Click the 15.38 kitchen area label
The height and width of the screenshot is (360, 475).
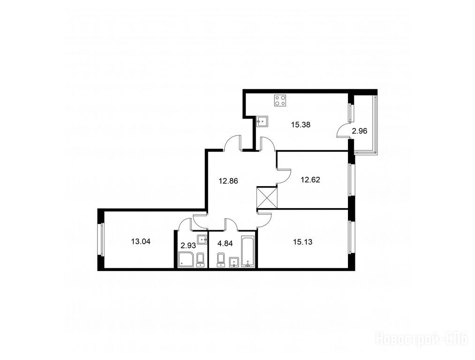(301, 124)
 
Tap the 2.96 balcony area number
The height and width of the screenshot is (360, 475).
(359, 131)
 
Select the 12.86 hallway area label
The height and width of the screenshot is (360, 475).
(228, 181)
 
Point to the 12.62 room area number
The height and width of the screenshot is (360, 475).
(310, 180)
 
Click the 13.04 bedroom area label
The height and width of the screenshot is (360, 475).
(141, 241)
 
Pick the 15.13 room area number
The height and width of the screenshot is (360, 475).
(302, 242)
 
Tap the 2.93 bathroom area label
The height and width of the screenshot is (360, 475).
(188, 245)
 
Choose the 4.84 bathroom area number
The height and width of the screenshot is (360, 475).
(225, 243)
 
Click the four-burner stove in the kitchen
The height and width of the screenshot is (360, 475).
(280, 100)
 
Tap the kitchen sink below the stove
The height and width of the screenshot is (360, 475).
(262, 121)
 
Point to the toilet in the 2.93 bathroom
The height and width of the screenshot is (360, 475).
(201, 260)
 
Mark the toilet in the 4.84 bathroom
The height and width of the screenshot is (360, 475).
(221, 260)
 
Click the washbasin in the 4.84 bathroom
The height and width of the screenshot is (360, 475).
(234, 262)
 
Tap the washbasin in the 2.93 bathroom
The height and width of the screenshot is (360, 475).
(202, 239)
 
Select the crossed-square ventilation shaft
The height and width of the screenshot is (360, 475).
(267, 197)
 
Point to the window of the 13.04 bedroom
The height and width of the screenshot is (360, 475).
(102, 239)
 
